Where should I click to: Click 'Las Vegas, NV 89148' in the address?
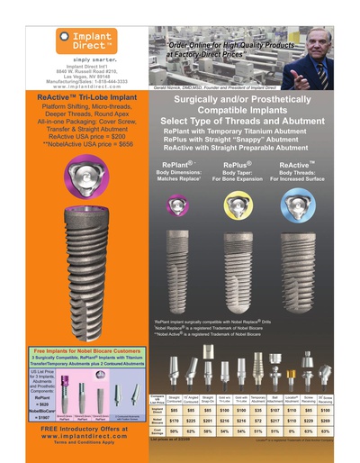[82, 76]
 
